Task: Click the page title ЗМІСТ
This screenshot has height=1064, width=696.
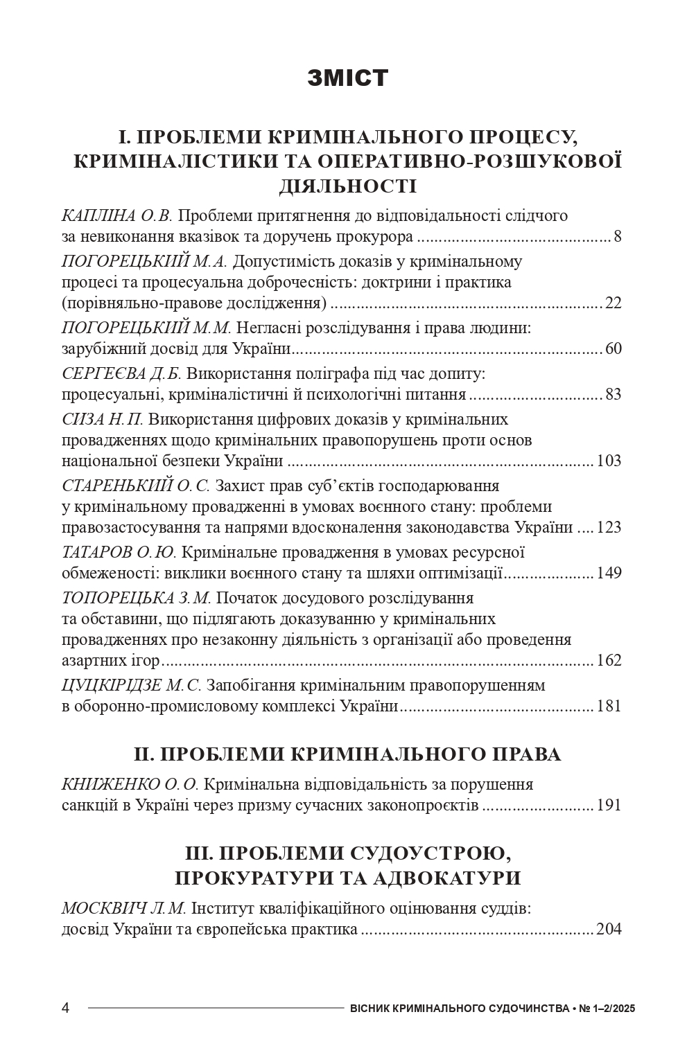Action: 347,78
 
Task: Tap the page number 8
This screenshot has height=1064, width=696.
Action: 617,237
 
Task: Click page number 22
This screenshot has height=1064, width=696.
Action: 613,303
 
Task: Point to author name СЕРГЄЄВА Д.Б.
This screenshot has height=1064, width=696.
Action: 121,374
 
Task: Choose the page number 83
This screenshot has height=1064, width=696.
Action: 613,395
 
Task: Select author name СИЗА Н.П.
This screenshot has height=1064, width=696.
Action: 103,420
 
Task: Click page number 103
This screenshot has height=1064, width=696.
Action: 609,461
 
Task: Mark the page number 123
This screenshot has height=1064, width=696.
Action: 609,528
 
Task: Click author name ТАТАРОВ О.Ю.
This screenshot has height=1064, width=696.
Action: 120,553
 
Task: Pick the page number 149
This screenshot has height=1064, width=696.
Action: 609,574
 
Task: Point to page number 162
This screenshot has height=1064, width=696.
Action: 609,660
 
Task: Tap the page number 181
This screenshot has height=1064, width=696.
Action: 609,707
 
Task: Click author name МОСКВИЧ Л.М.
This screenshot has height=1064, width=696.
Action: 124,908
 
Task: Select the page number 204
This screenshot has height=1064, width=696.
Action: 609,929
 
